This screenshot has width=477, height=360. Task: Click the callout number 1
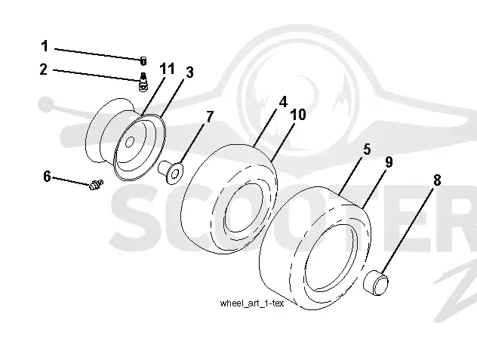(x=45, y=46)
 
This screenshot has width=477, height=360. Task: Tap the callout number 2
(x=44, y=69)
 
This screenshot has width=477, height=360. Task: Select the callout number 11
(x=168, y=69)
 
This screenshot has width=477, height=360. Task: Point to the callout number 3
(x=189, y=72)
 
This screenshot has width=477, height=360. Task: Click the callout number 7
(x=210, y=117)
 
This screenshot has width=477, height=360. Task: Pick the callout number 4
(x=283, y=102)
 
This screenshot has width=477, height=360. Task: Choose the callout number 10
(x=298, y=115)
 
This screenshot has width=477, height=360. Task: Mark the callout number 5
(x=367, y=149)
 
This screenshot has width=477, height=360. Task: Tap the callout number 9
(x=389, y=162)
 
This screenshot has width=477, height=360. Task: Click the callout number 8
(x=437, y=180)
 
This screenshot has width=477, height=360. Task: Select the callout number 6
(x=47, y=177)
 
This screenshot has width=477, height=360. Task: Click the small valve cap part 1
(x=143, y=61)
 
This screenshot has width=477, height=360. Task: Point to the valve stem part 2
(x=143, y=82)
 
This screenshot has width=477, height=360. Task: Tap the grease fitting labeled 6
(x=97, y=184)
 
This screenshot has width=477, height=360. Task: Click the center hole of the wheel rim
(x=130, y=142)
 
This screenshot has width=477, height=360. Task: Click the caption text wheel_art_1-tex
(x=252, y=303)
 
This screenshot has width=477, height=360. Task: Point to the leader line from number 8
(x=408, y=230)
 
